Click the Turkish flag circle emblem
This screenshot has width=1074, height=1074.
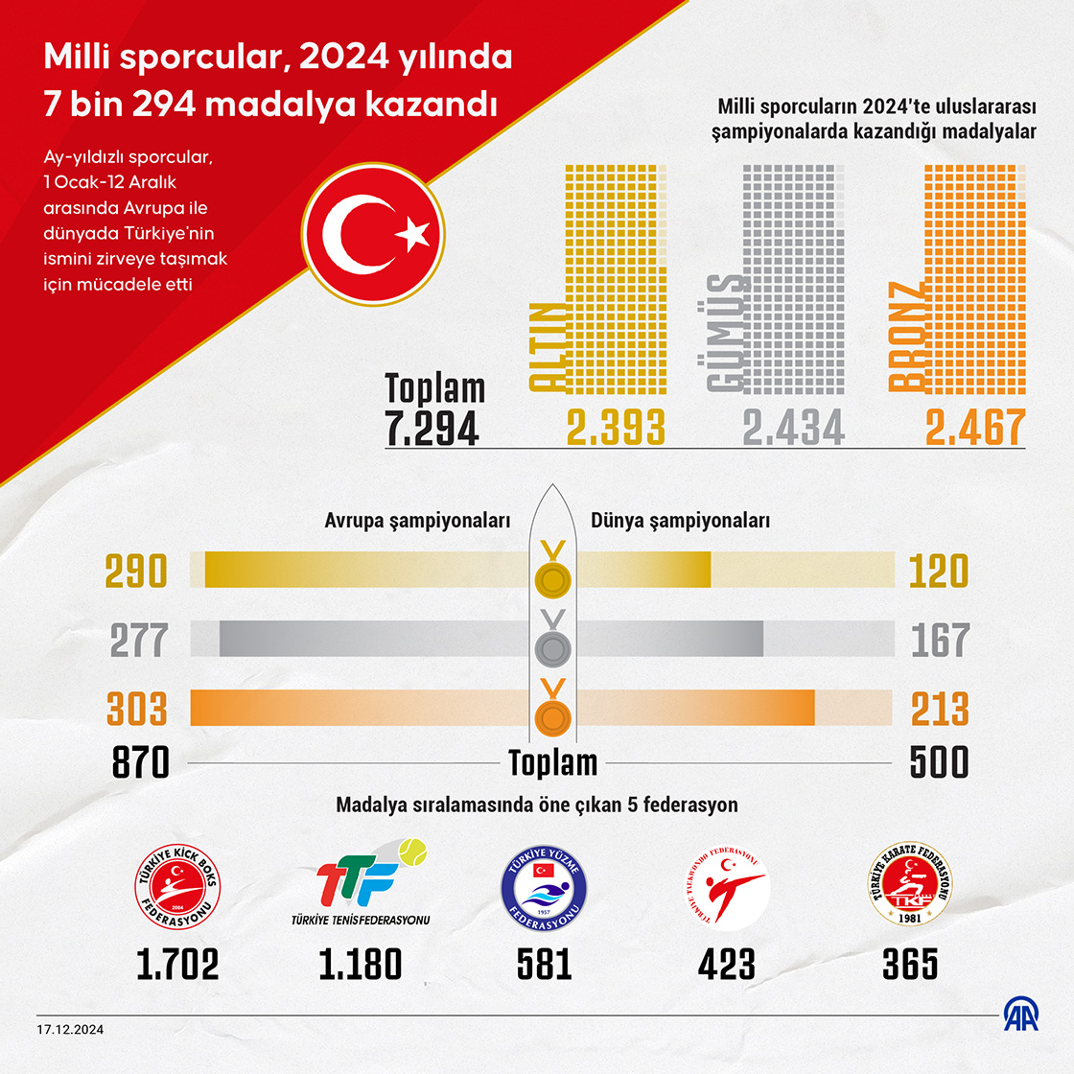[x=373, y=234]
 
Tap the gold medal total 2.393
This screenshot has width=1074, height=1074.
[x=615, y=428]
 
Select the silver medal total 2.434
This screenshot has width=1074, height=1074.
[x=793, y=428]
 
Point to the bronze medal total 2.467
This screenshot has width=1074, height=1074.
[x=974, y=428]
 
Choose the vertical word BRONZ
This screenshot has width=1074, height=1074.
[x=907, y=337]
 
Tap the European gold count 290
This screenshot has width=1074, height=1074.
[x=136, y=571]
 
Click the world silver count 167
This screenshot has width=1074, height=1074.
[x=940, y=641]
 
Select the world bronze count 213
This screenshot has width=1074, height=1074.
[x=940, y=710]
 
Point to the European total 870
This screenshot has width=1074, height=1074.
[x=140, y=762]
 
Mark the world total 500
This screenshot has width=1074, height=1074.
[x=939, y=762]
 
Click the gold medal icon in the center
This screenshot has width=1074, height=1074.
[x=553, y=578]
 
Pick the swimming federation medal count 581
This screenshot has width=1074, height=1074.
[x=544, y=965]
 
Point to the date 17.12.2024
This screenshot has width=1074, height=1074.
[x=71, y=1029]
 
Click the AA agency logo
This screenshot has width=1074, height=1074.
[x=1020, y=1016]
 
